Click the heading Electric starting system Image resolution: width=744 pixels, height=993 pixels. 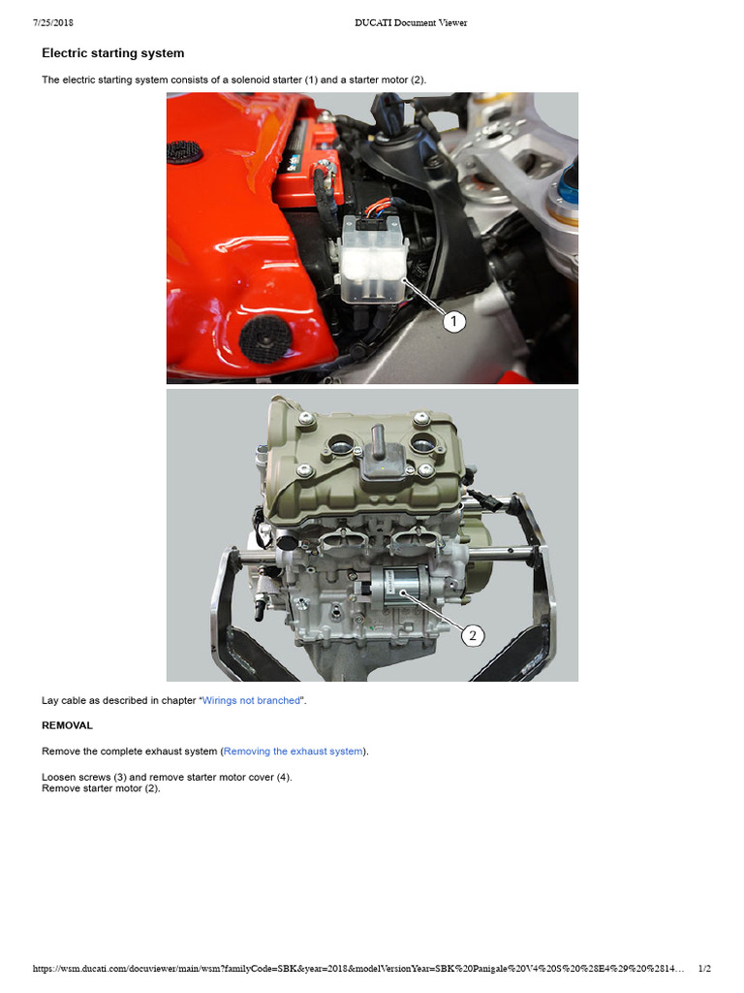(112, 53)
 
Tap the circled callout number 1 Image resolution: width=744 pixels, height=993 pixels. (454, 322)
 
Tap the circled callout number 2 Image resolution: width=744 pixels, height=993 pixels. (472, 636)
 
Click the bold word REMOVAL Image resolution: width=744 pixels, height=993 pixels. (67, 724)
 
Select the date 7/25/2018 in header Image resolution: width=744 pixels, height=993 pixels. (54, 22)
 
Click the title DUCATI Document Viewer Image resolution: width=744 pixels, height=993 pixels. (410, 22)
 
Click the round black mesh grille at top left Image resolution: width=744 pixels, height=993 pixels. (184, 151)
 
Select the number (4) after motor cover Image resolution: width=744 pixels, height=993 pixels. (279, 777)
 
